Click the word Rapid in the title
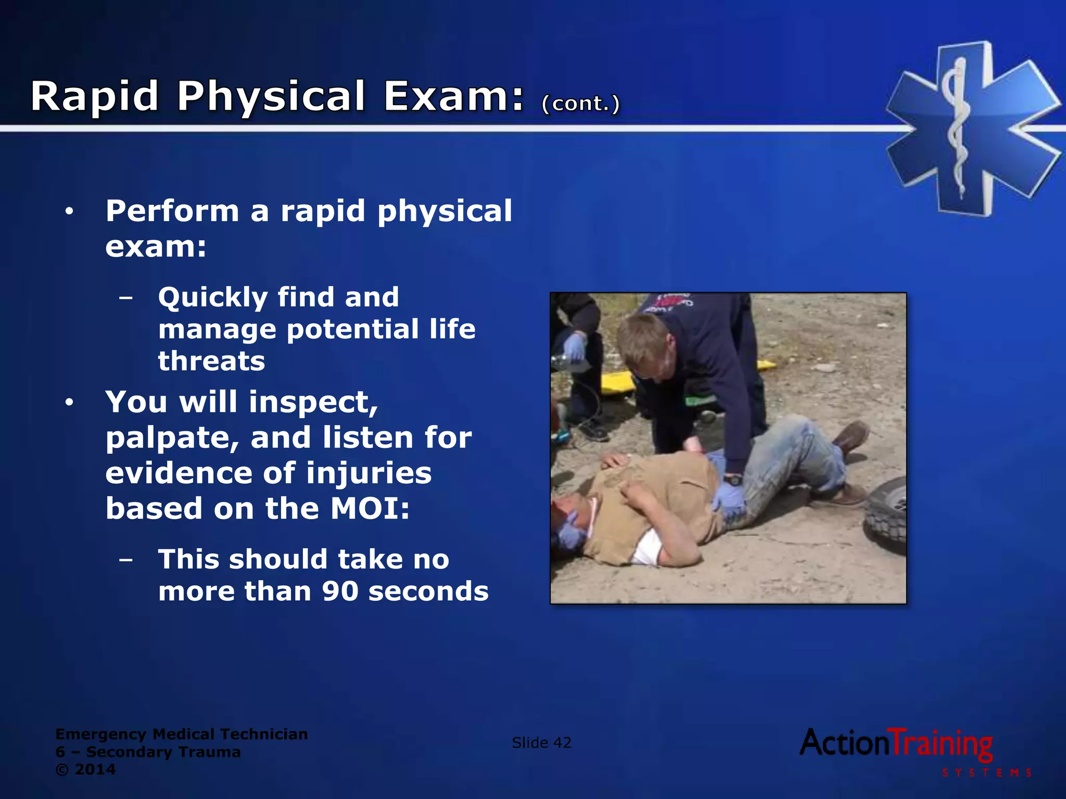click(x=94, y=97)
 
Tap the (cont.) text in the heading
click(x=580, y=103)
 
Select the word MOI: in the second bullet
click(x=370, y=508)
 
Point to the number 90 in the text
click(x=340, y=591)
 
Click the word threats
click(x=211, y=361)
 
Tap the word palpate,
click(x=172, y=438)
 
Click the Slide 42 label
click(x=541, y=742)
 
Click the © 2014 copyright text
click(x=85, y=769)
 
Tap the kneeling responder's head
click(x=643, y=343)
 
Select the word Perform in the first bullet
click(x=172, y=211)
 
